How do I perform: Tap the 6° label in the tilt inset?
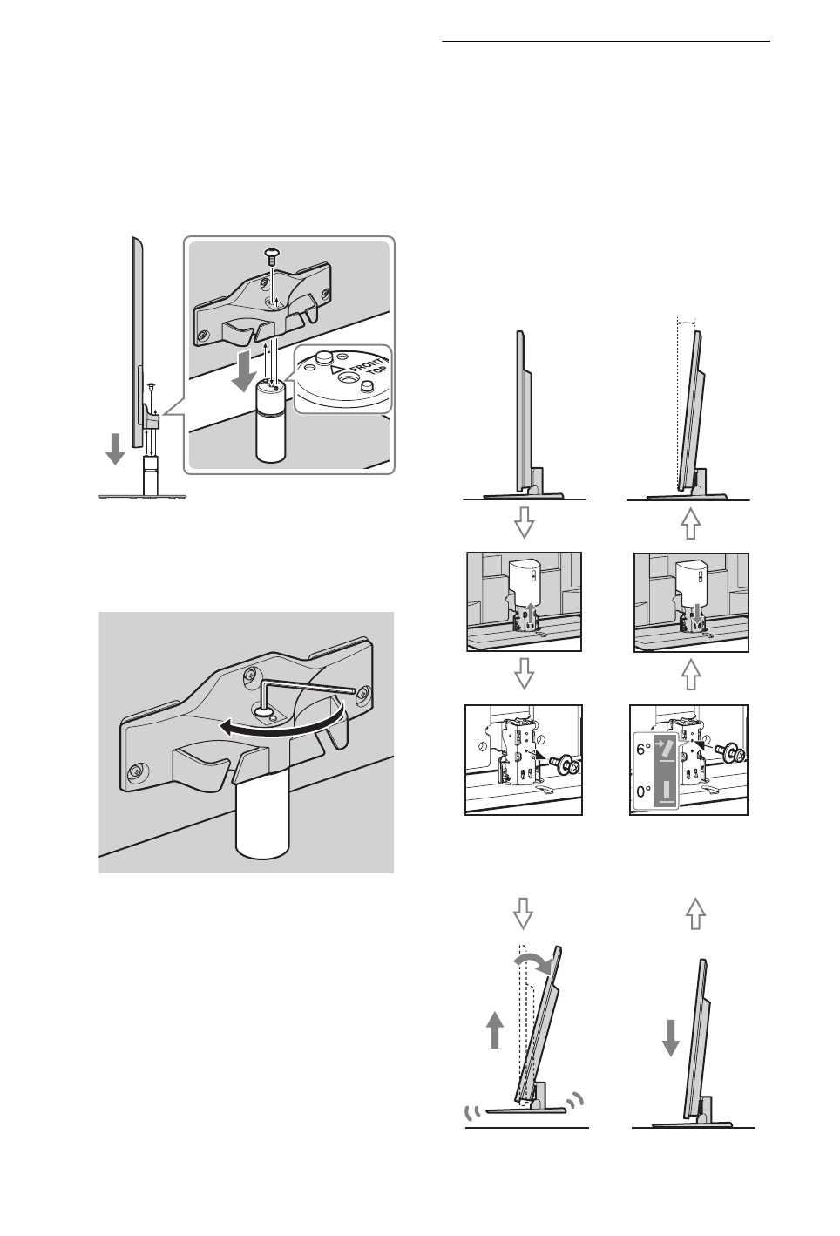pyautogui.click(x=644, y=750)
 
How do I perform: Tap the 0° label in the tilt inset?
pyautogui.click(x=644, y=791)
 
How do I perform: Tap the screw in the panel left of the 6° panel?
pyautogui.click(x=563, y=766)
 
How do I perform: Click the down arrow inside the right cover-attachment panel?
pyautogui.click(x=698, y=615)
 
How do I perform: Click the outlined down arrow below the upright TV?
pyautogui.click(x=524, y=522)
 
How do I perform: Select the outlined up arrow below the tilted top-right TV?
pyautogui.click(x=691, y=524)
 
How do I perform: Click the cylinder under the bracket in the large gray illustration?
pyautogui.click(x=262, y=823)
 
